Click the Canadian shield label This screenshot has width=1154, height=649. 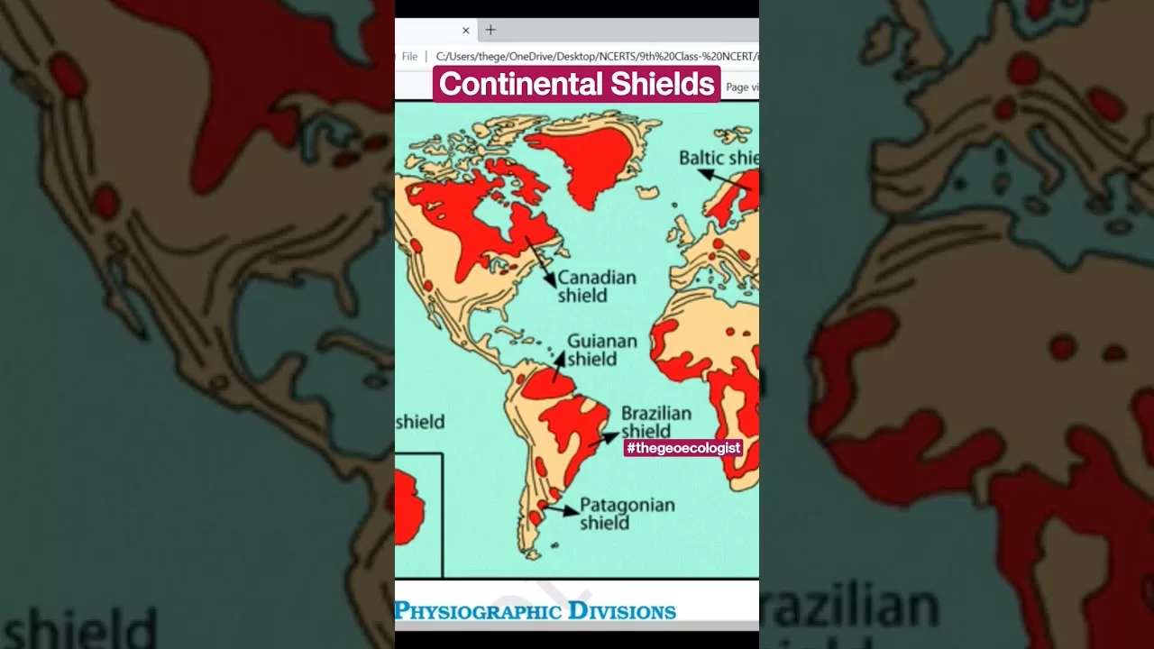596,286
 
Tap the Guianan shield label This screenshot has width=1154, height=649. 601,350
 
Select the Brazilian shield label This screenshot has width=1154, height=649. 655,421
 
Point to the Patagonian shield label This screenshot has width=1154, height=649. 627,513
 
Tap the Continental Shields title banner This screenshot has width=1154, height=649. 577,84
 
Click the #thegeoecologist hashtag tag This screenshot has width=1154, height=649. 682,448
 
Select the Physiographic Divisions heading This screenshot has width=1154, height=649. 536,611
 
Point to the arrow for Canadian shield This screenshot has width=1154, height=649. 540,261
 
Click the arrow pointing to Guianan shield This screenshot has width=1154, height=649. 559,364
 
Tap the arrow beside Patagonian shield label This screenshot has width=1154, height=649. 561,510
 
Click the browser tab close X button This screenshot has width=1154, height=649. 466,30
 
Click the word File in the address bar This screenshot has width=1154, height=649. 409,57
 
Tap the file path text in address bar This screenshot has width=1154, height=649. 595,57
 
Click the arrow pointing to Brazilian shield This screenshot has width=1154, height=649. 605,439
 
